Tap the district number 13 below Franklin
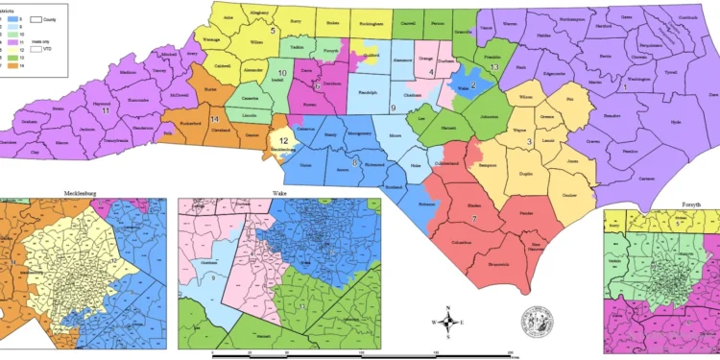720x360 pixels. [x=493, y=68]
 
